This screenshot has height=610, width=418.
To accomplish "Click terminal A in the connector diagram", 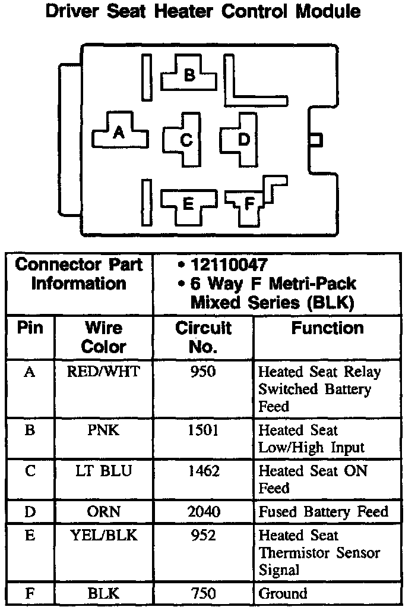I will [119, 133].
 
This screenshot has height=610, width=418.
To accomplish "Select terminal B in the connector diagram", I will [189, 74].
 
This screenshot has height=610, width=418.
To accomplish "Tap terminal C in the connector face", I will [186, 140].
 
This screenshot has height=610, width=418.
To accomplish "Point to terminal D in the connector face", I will [243, 139].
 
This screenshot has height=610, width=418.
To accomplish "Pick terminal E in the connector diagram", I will [188, 204].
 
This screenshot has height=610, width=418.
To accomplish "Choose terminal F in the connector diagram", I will [249, 203].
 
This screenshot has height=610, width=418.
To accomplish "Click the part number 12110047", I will [229, 265].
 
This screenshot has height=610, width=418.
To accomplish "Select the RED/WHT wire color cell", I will [104, 372].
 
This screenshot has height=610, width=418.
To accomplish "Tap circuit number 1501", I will [203, 430].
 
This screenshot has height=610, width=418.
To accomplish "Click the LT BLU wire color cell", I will [104, 471].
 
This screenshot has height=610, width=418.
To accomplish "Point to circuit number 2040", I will [203, 511].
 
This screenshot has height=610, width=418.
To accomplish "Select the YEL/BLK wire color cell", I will [104, 535].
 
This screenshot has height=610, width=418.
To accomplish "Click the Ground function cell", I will [283, 593].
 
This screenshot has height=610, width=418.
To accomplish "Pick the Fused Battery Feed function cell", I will [323, 511].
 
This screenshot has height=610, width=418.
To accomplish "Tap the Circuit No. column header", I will [203, 337].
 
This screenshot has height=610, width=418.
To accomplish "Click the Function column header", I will [327, 328].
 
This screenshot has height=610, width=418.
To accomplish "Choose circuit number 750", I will [203, 593].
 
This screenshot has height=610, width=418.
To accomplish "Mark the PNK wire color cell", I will [104, 430].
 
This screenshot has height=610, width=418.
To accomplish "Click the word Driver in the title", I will [77, 11].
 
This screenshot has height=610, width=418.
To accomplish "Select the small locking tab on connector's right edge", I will [315, 139].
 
